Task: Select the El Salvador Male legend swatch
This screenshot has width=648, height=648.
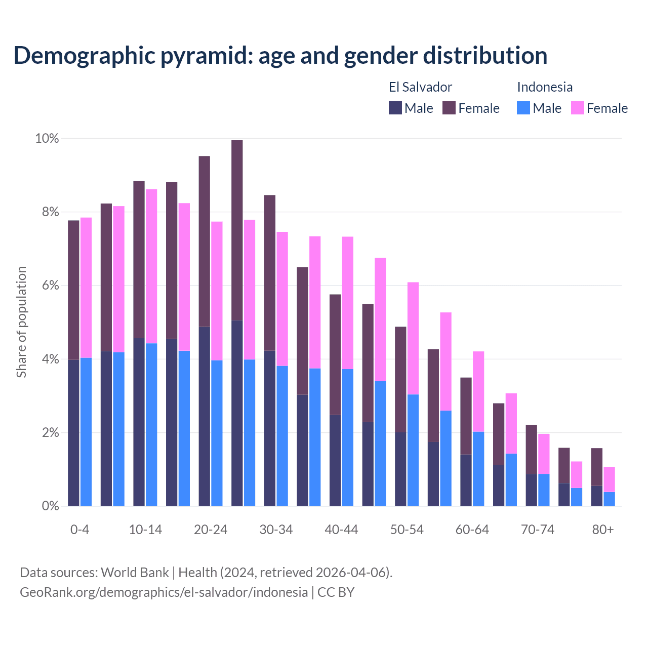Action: pyautogui.click(x=395, y=108)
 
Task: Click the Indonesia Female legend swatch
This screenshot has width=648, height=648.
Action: pyautogui.click(x=577, y=108)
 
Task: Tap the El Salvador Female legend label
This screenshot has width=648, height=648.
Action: pyautogui.click(x=478, y=108)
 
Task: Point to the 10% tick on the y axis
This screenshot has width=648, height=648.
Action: pyautogui.click(x=47, y=138)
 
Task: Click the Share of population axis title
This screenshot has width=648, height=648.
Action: pyautogui.click(x=22, y=322)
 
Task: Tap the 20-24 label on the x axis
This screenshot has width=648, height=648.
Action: pyautogui.click(x=211, y=530)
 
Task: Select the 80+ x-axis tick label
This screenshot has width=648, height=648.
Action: pyautogui.click(x=602, y=530)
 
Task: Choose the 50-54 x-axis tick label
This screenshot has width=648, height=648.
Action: pyautogui.click(x=407, y=530)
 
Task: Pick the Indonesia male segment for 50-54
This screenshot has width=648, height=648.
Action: pyautogui.click(x=413, y=450)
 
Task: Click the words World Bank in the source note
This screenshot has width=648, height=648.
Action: pyautogui.click(x=135, y=573)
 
